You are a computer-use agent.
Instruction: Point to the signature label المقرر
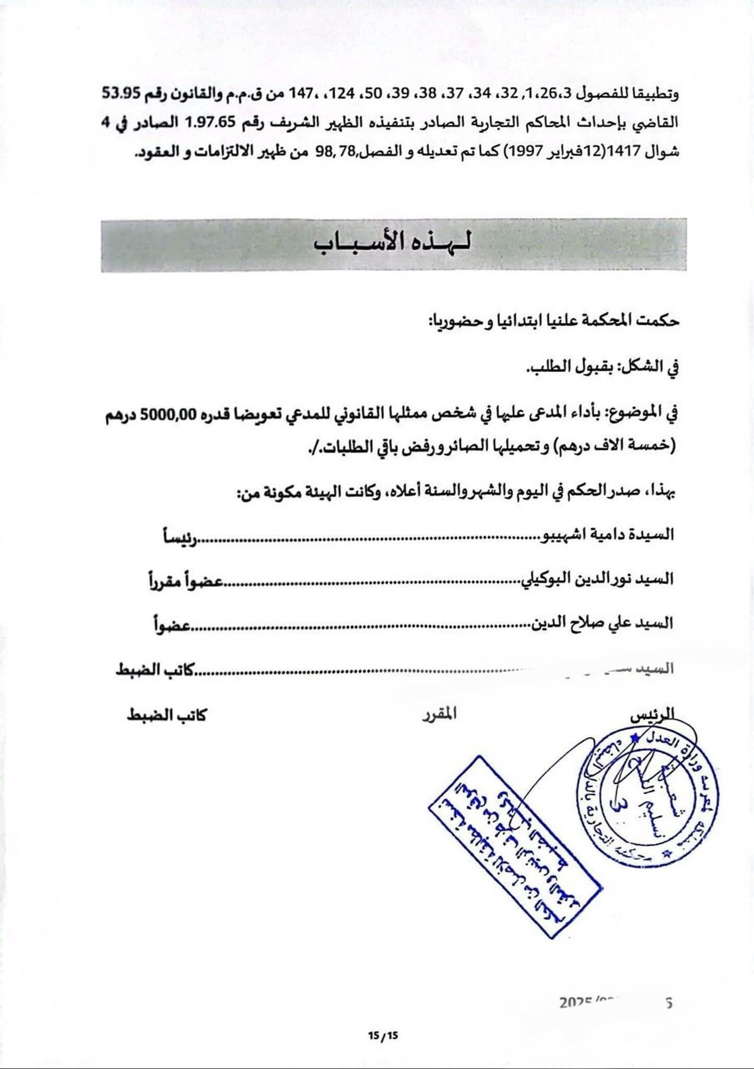tap(439, 714)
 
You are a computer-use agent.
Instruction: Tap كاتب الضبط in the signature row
tap(167, 715)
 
